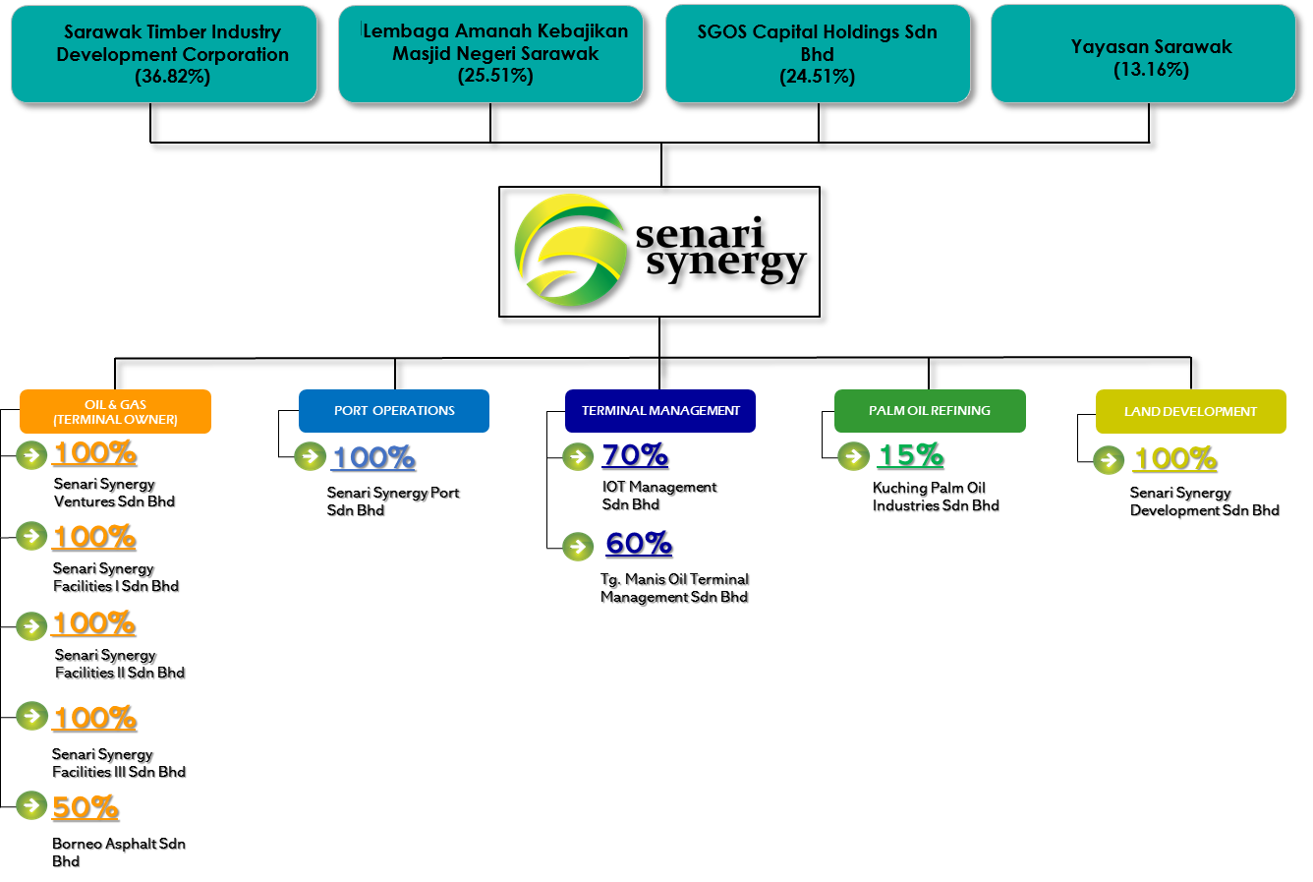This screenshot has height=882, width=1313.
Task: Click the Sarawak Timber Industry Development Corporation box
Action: click(x=164, y=53)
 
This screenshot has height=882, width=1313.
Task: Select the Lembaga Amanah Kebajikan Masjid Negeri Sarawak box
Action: click(x=490, y=53)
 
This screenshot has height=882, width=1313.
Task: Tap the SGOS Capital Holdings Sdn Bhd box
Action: click(x=818, y=53)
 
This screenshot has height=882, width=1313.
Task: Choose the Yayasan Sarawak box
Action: click(x=1143, y=53)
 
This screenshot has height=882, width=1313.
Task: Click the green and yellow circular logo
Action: click(x=570, y=250)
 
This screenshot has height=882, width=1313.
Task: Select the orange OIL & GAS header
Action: click(x=115, y=412)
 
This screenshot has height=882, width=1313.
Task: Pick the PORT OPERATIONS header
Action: click(x=394, y=411)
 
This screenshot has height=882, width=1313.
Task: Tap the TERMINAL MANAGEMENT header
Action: click(x=660, y=411)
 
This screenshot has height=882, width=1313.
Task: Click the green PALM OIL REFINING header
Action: click(x=930, y=411)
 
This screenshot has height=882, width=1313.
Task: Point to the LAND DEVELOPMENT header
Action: click(x=1190, y=412)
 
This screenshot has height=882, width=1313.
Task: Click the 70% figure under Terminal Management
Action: click(x=635, y=455)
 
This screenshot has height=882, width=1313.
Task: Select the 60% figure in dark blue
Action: click(x=639, y=544)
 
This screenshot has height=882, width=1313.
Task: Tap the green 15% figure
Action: click(x=910, y=455)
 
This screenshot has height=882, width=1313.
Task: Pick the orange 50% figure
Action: click(x=85, y=807)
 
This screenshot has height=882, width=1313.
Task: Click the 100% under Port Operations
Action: click(x=372, y=458)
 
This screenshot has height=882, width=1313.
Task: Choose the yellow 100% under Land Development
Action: click(x=1174, y=459)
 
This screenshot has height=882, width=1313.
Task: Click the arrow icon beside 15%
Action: click(x=854, y=456)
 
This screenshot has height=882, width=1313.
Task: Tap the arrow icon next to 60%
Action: click(x=578, y=546)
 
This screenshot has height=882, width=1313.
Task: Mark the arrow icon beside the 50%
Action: click(x=31, y=805)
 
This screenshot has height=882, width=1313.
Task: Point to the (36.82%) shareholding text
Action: click(x=173, y=77)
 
